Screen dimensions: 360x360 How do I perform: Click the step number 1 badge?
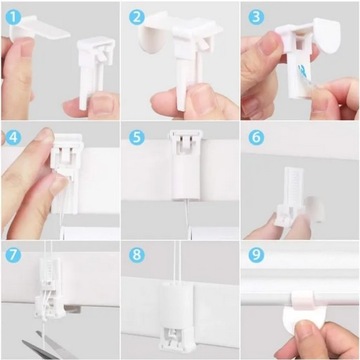click(13, 15)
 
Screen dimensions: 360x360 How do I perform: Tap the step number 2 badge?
click(136, 17)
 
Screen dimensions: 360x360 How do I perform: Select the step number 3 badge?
click(256, 16)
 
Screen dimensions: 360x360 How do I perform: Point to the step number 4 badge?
click(13, 135)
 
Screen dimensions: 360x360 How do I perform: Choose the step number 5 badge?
click(136, 135)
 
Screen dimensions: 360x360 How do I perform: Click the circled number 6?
click(256, 136)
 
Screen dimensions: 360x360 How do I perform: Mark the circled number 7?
click(13, 255)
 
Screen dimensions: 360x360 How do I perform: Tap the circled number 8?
click(136, 255)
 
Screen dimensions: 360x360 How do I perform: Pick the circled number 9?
click(256, 255)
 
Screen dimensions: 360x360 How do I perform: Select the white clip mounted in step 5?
click(180, 170)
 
